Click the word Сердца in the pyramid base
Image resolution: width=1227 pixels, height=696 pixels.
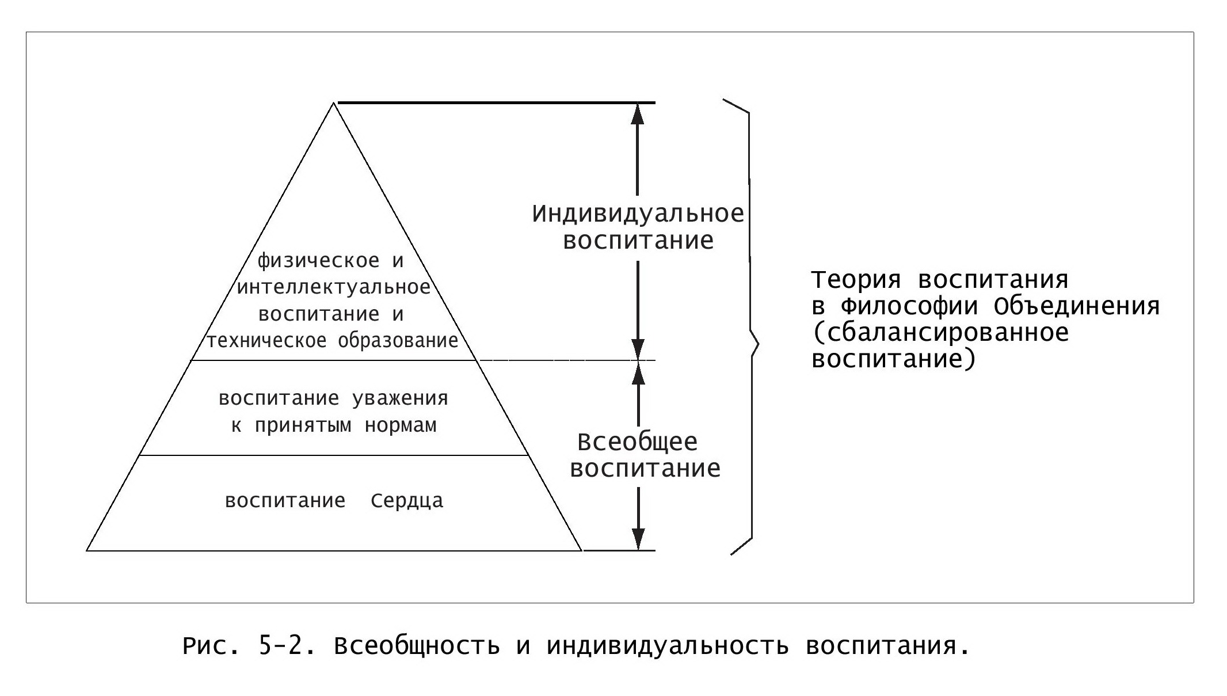coord(407,500)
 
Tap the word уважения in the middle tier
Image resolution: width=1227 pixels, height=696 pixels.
coord(399,398)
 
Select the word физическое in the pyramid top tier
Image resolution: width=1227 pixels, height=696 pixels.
coord(318,261)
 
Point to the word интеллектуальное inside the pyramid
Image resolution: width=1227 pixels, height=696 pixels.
coord(334,287)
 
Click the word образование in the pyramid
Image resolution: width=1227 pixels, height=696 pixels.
coord(398,340)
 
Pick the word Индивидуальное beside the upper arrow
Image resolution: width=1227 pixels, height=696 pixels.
coord(638,215)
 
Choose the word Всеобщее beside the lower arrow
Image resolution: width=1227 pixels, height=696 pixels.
coord(637,442)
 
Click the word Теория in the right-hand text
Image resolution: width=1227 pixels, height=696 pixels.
coord(857,280)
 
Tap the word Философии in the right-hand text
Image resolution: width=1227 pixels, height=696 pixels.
coord(909,306)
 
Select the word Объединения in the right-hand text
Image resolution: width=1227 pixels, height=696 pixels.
coord(1076,306)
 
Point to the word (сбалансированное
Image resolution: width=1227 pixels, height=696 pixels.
coord(940,333)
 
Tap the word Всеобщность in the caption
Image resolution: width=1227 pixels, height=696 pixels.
coord(417,646)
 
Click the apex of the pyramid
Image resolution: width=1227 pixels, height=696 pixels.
coord(333,103)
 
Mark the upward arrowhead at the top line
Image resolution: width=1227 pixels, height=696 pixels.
coord(637,114)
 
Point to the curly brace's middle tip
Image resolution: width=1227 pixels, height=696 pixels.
coord(759,345)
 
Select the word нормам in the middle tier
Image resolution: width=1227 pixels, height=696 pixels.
coord(401,426)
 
